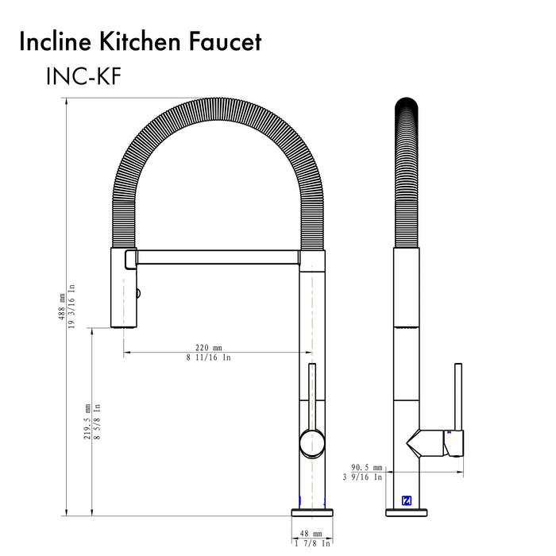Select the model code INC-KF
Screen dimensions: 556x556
[x=83, y=77]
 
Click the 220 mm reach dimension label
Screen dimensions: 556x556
[x=209, y=347]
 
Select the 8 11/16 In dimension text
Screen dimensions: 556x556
[x=209, y=358]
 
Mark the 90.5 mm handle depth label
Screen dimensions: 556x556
[x=366, y=468]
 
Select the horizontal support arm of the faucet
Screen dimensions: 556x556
[x=214, y=257]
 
